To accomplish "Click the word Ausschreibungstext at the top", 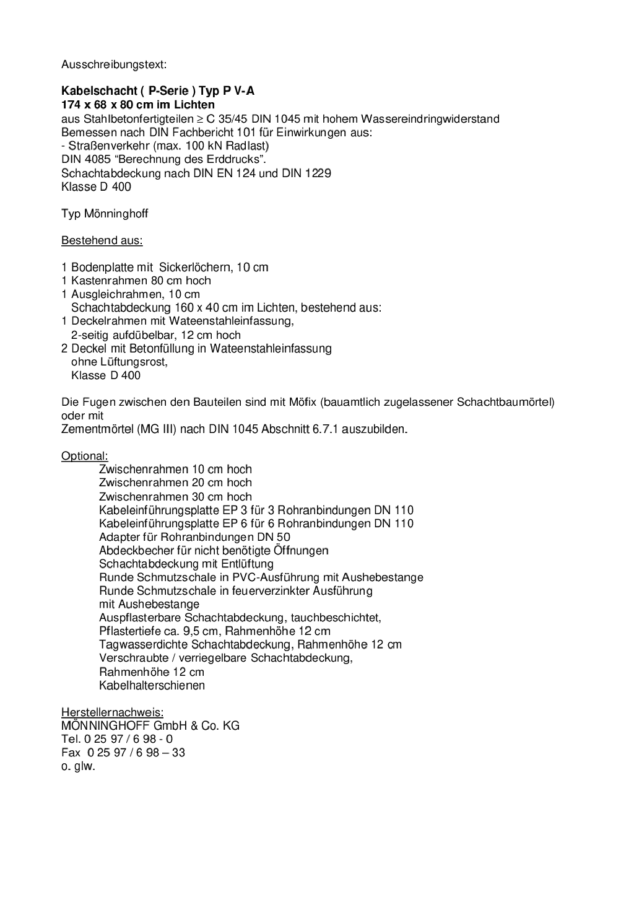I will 113,64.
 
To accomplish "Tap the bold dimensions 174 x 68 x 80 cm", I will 107,105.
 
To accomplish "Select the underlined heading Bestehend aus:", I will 102,240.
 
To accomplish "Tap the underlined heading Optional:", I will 84,456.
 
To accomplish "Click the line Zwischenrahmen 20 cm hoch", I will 175,483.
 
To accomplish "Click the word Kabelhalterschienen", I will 152,685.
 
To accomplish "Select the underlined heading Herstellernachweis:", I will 112,712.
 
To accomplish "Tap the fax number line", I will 123,753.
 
